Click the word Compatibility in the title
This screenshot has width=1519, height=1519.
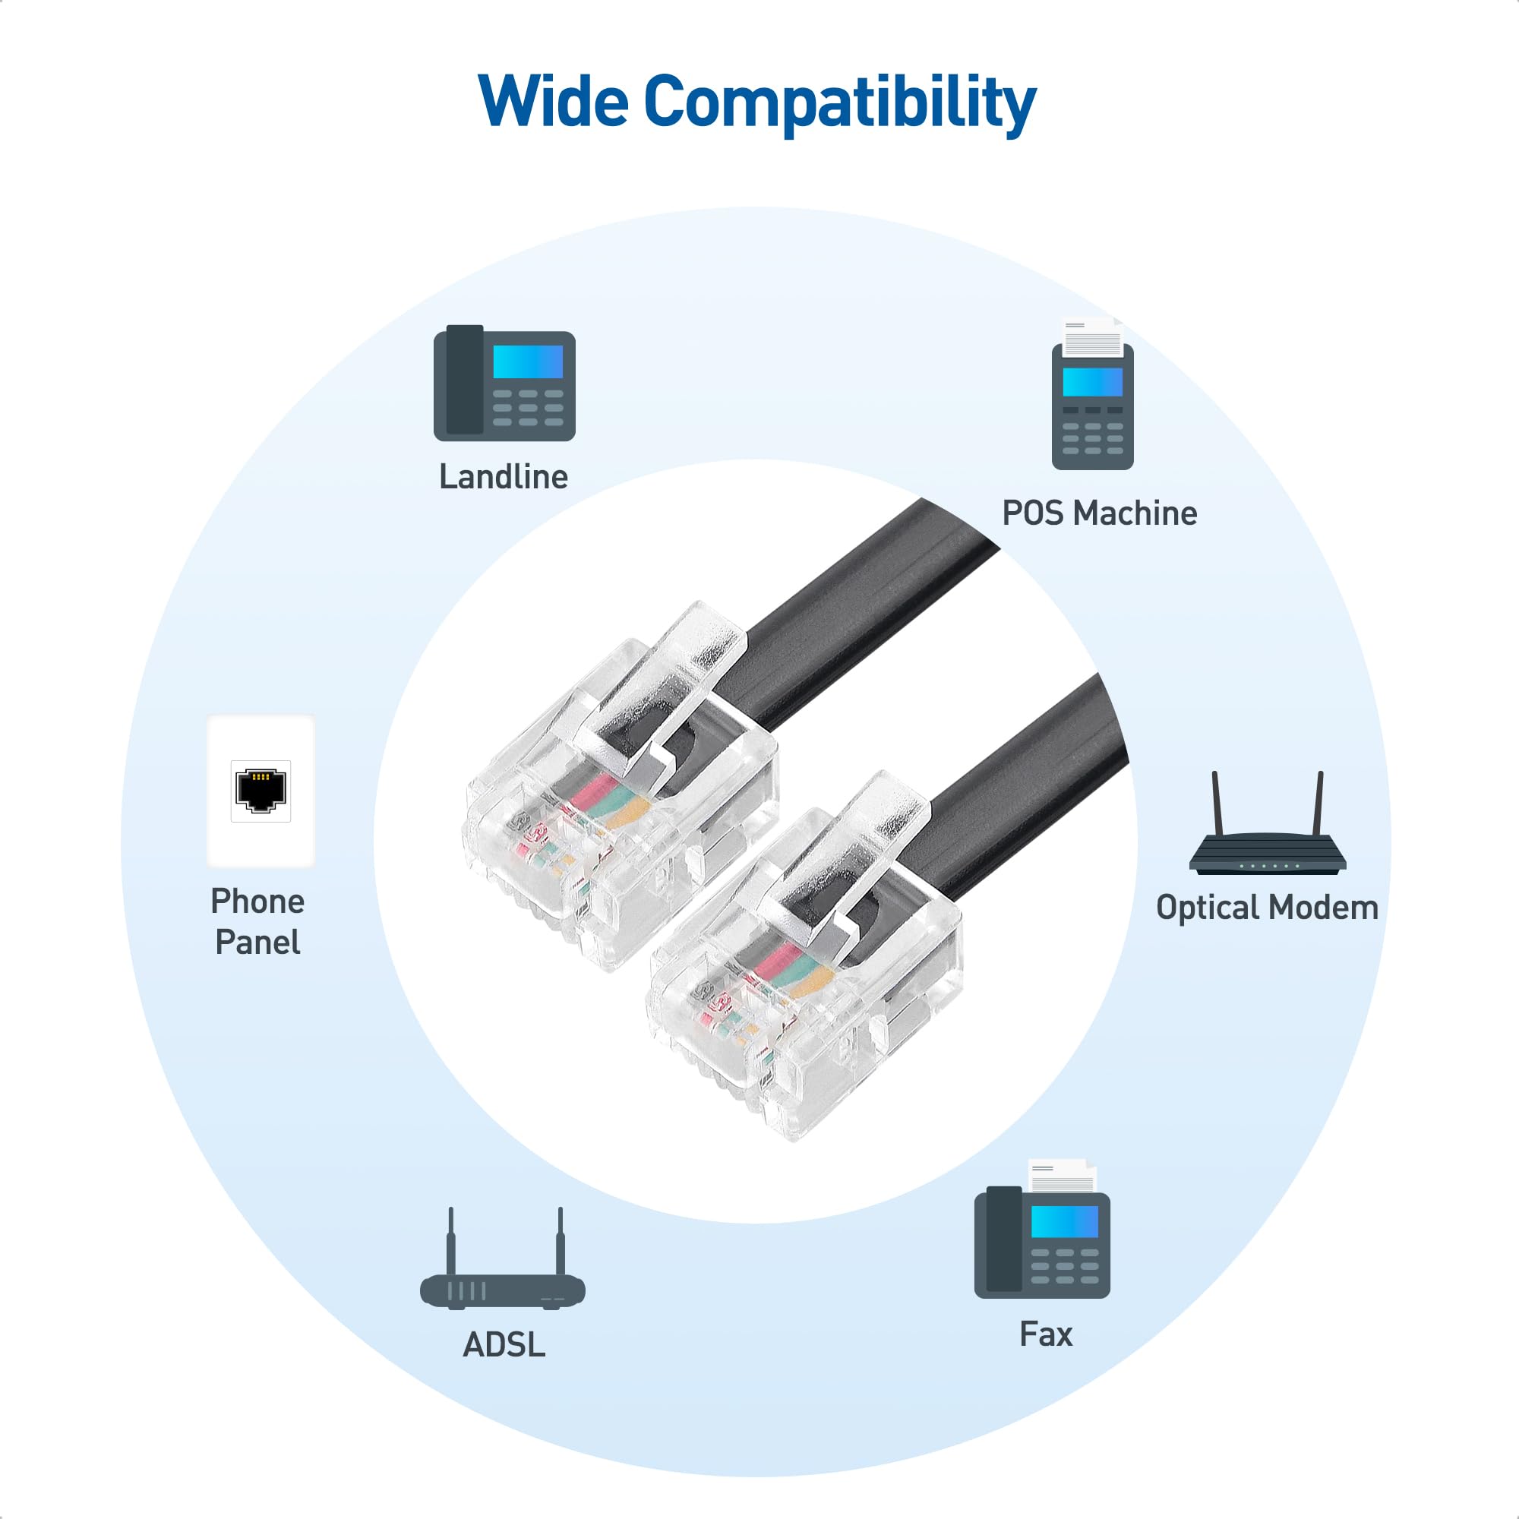point(840,104)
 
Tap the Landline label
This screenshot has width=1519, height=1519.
point(504,476)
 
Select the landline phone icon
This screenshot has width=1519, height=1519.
point(505,383)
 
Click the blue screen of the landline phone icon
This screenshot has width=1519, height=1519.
point(528,362)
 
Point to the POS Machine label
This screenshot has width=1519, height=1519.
point(1099,513)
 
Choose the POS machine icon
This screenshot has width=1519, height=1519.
point(1093,394)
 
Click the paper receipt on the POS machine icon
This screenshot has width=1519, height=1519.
point(1093,336)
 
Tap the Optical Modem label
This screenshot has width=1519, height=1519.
point(1267,908)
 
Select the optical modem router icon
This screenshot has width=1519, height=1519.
point(1268,823)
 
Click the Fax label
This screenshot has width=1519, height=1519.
point(1046,1334)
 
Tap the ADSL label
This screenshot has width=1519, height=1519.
point(504,1345)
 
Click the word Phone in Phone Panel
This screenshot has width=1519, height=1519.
point(257,902)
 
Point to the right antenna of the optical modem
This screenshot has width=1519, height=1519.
point(1318,804)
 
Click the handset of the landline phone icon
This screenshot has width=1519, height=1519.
point(465,380)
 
